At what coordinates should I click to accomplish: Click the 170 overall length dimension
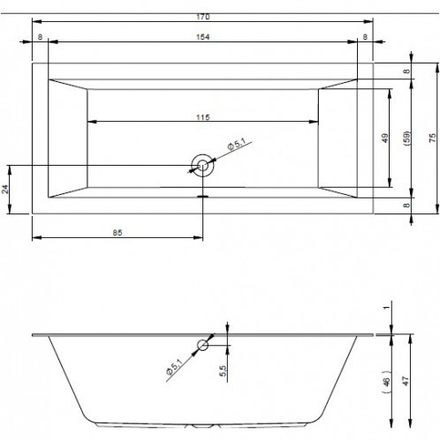(x=203, y=17)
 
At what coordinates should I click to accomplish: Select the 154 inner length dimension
(x=203, y=37)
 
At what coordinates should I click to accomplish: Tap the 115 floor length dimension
(x=203, y=117)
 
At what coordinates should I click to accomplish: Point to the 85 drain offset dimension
(x=118, y=233)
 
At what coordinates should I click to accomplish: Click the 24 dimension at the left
(x=5, y=189)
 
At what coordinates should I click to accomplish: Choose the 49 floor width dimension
(x=384, y=138)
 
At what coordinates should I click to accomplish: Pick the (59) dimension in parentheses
(x=406, y=138)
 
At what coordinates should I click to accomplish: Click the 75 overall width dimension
(x=432, y=138)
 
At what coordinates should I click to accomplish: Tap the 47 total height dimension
(x=406, y=381)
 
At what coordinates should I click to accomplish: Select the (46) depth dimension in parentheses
(x=387, y=381)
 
